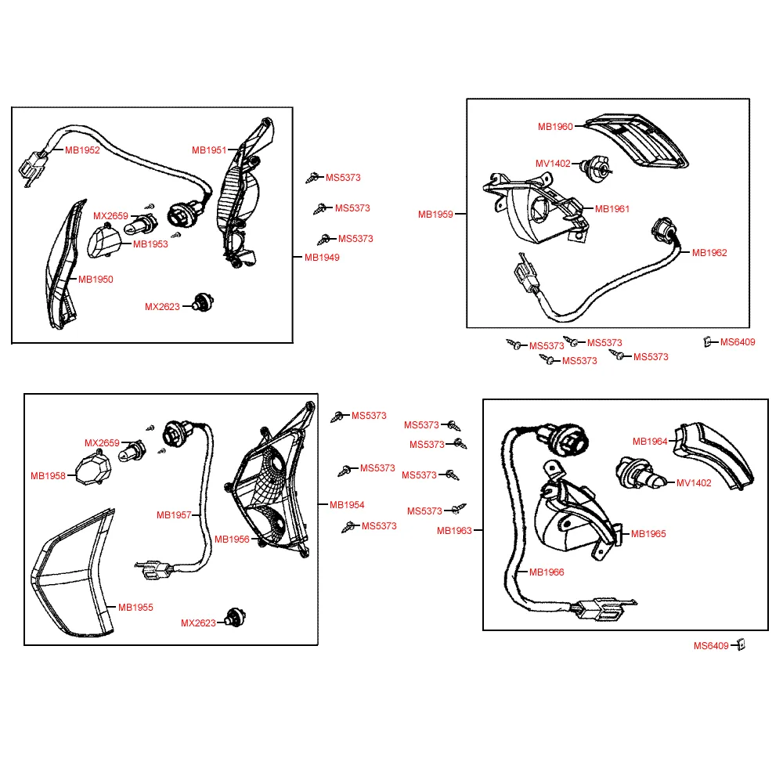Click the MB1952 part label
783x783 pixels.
(82, 150)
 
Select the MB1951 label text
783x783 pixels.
(209, 150)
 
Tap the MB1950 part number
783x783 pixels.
(96, 280)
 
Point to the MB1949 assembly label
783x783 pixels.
(322, 257)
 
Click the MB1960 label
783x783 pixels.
(555, 126)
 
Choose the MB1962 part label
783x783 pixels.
(709, 252)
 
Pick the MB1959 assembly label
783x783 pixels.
(435, 215)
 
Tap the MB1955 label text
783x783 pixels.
(135, 608)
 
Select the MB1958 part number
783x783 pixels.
(48, 476)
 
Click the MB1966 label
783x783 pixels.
(547, 572)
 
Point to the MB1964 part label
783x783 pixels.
(650, 442)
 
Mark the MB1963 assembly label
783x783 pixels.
(454, 530)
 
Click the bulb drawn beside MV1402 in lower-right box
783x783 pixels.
(640, 473)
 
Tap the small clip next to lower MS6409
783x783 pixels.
(742, 644)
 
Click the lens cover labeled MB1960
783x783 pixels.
(637, 140)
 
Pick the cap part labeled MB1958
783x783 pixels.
(93, 467)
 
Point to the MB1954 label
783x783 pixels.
(347, 504)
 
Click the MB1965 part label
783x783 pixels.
(648, 533)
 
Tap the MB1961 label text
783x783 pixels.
(612, 209)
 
